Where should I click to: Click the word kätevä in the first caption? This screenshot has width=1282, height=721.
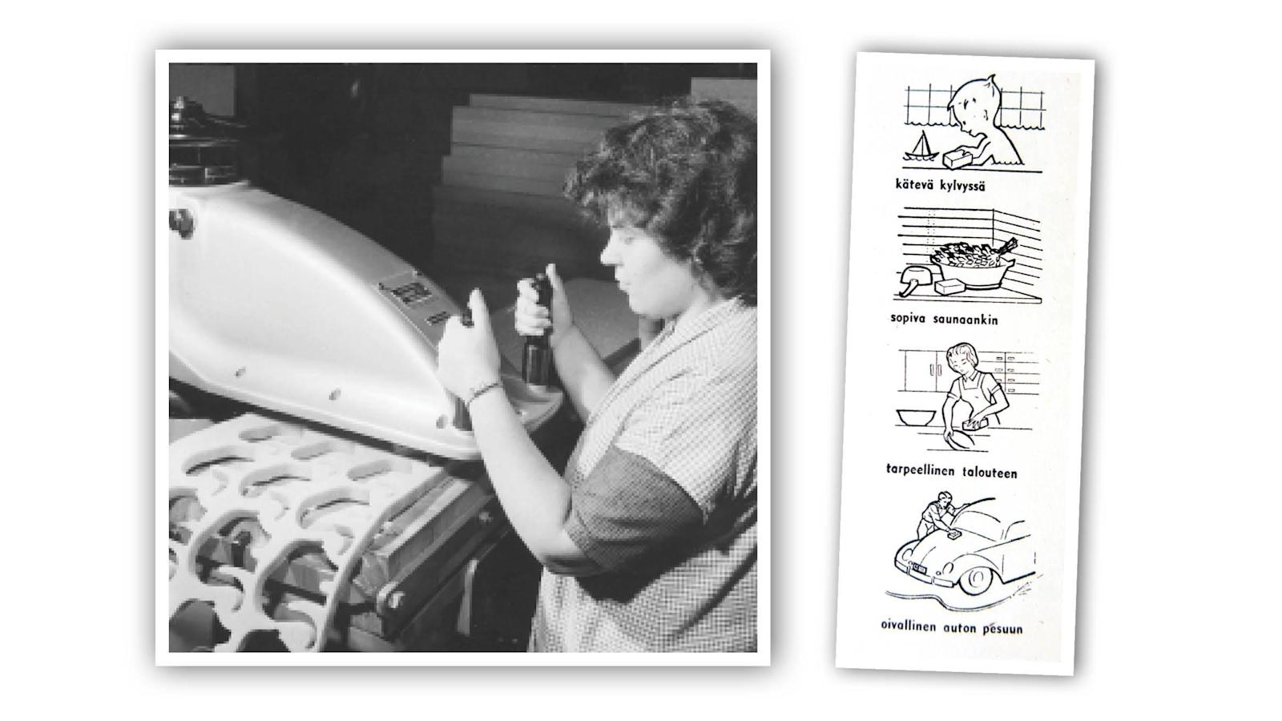click(913, 185)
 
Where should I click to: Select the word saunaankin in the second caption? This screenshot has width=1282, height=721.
click(966, 320)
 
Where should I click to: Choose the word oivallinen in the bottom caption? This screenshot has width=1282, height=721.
click(909, 626)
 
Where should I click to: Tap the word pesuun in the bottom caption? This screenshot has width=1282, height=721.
click(1002, 629)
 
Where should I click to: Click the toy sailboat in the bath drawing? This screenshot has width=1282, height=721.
click(921, 147)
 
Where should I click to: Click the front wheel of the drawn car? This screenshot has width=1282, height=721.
click(976, 580)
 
